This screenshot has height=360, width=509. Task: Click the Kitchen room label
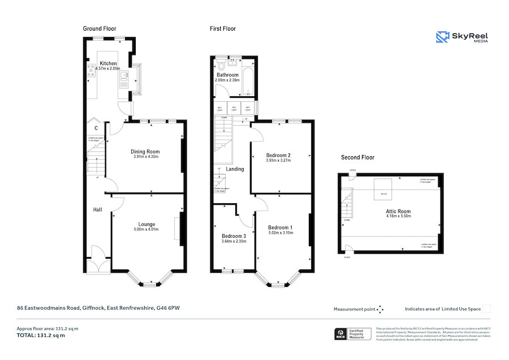pyautogui.click(x=108, y=63)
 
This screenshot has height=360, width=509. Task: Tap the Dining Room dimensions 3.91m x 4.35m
pyautogui.click(x=145, y=157)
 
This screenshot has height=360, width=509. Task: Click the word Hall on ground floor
pyautogui.click(x=98, y=210)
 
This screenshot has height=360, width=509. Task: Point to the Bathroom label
pyautogui.click(x=227, y=75)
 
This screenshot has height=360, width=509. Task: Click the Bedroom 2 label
pyautogui.click(x=278, y=155)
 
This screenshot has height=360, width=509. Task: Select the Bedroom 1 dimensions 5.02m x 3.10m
pyautogui.click(x=281, y=233)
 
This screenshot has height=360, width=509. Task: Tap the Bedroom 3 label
pyautogui.click(x=234, y=236)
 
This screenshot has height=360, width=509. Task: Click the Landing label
pyautogui.click(x=235, y=169)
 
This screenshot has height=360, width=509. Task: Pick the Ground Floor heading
pyautogui.click(x=100, y=28)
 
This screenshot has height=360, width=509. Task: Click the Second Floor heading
pyautogui.click(x=357, y=157)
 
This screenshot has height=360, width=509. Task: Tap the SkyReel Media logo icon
pyautogui.click(x=442, y=37)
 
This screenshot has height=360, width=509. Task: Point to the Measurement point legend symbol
pyautogui.click(x=380, y=309)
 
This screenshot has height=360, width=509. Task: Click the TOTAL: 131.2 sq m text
pyautogui.click(x=41, y=335)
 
